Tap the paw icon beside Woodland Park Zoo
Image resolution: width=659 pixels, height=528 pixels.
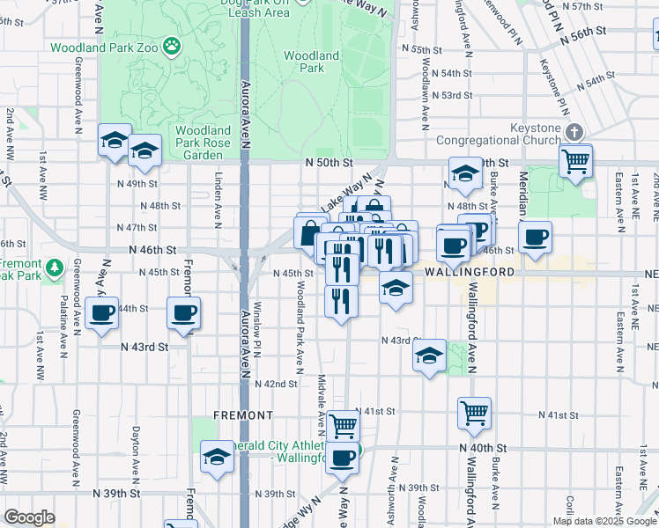click(x=173, y=46)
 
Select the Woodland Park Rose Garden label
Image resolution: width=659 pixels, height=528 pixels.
click(x=203, y=143)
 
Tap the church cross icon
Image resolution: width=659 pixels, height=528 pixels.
click(x=574, y=133)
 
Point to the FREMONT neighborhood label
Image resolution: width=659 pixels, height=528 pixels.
click(x=243, y=414)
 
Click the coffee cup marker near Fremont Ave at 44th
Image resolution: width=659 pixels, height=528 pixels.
click(x=184, y=312)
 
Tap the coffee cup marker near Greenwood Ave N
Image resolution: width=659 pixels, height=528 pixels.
click(x=101, y=312)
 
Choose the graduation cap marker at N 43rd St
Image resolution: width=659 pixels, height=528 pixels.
click(x=429, y=356)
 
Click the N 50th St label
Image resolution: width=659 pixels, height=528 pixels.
click(x=329, y=163)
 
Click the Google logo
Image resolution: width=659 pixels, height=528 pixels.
click(x=30, y=517)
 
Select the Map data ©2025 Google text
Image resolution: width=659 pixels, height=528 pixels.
click(x=604, y=521)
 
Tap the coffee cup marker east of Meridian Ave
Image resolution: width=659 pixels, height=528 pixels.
click(x=534, y=237)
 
